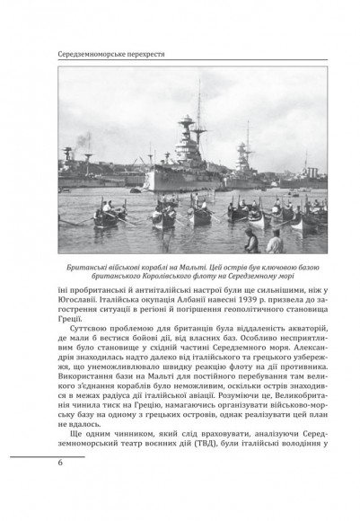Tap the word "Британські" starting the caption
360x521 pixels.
[x=92, y=267]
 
